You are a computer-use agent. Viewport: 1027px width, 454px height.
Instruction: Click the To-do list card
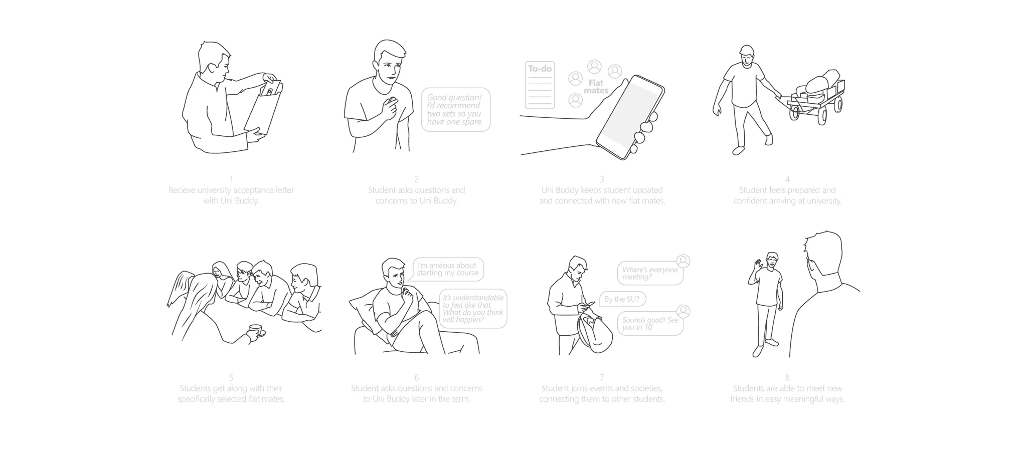pyautogui.click(x=540, y=85)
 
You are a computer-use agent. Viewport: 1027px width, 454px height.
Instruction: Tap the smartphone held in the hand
pyautogui.click(x=630, y=117)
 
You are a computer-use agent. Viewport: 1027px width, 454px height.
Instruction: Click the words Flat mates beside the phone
pyautogui.click(x=596, y=87)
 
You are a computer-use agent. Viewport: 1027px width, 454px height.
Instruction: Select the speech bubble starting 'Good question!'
pyautogui.click(x=455, y=110)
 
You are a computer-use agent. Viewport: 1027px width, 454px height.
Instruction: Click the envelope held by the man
pyautogui.click(x=265, y=109)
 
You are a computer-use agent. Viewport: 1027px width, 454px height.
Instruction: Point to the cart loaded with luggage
pyautogui.click(x=814, y=98)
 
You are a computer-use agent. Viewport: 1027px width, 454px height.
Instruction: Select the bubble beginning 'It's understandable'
pyautogui.click(x=473, y=309)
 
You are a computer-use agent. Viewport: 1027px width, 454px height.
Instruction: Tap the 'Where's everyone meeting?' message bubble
pyautogui.click(x=650, y=273)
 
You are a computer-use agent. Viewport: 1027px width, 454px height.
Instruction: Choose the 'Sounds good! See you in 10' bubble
pyautogui.click(x=650, y=323)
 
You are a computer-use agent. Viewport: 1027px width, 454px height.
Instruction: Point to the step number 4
pyautogui.click(x=787, y=179)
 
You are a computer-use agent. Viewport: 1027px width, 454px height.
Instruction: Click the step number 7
pyautogui.click(x=602, y=377)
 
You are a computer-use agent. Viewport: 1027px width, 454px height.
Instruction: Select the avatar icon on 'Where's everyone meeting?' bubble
pyautogui.click(x=683, y=261)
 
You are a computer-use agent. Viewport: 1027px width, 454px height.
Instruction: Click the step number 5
pyautogui.click(x=231, y=377)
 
